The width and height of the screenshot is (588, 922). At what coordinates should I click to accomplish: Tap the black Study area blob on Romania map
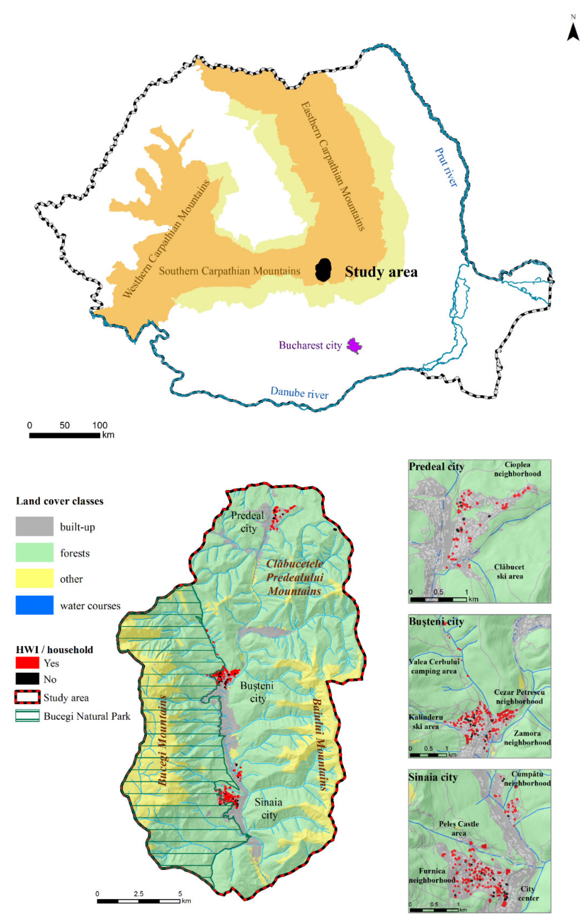pos(323,270)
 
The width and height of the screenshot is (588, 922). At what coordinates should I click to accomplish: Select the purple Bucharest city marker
pos(354,346)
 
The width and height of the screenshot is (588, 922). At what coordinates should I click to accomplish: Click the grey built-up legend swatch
pos(35,526)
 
